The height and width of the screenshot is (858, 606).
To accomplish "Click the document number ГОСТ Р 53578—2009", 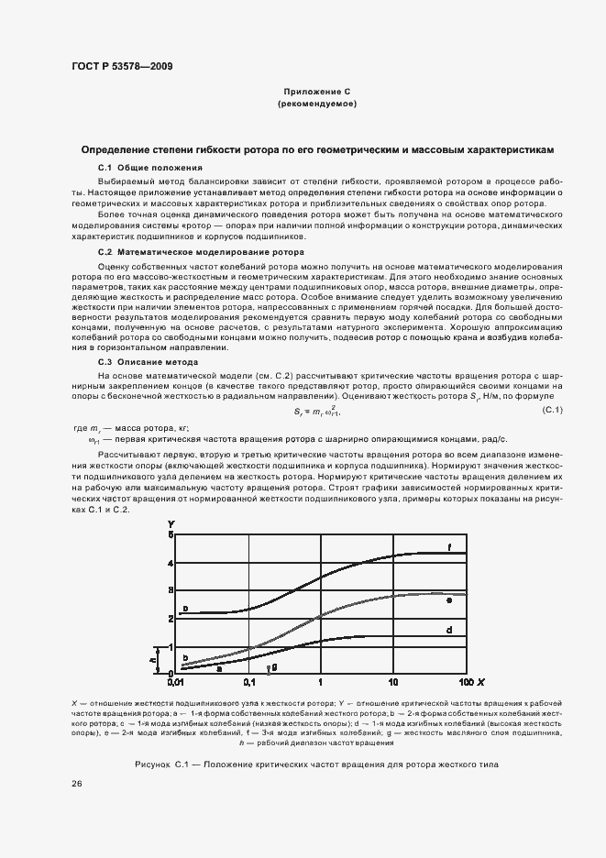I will point(122,65).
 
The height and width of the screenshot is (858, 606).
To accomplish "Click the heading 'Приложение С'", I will point(317,93).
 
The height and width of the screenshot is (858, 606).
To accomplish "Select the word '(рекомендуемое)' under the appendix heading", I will point(317,104).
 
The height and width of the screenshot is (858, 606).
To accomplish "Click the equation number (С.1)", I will point(553,409).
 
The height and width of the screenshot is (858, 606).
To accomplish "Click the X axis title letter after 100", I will point(481,683).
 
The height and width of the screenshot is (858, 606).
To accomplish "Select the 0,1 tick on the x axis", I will point(248,683).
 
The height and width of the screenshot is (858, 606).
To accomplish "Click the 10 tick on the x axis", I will point(393,683).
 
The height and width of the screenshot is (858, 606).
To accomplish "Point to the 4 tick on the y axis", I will point(170,563).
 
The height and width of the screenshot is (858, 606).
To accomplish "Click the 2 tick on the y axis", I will point(170,618).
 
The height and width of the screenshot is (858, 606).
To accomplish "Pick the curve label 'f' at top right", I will point(449,547).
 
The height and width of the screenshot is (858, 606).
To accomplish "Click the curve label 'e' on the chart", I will point(449,599).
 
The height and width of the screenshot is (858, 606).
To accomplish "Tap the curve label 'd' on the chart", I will point(449,631).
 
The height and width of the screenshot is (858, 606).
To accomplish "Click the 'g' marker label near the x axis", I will point(274,669).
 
